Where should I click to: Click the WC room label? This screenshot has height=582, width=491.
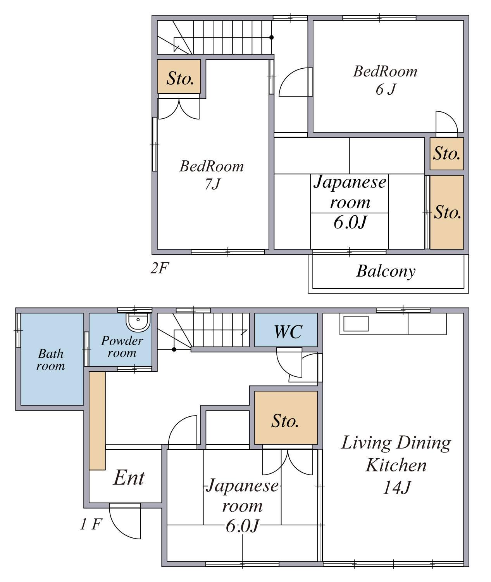288,332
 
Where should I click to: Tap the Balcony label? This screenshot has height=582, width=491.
386,271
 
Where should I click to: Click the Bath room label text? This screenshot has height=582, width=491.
51,360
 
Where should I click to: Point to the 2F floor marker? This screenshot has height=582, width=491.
160,268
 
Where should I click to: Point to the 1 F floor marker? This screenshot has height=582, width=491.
91,524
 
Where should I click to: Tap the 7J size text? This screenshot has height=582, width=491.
212,184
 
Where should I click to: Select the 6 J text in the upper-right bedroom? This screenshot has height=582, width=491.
386,90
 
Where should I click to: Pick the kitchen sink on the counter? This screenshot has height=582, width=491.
356,324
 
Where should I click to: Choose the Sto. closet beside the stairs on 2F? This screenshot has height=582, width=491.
179,76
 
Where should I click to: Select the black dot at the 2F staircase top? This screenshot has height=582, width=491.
271,37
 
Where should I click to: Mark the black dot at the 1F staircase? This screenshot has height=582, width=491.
174,349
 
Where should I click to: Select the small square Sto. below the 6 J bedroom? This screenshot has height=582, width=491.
446,154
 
